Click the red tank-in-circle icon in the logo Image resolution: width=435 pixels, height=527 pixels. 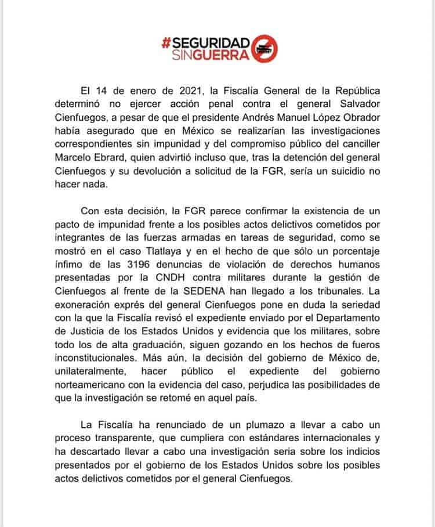tap(266, 49)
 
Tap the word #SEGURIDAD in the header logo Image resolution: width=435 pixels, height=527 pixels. tap(206, 43)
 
